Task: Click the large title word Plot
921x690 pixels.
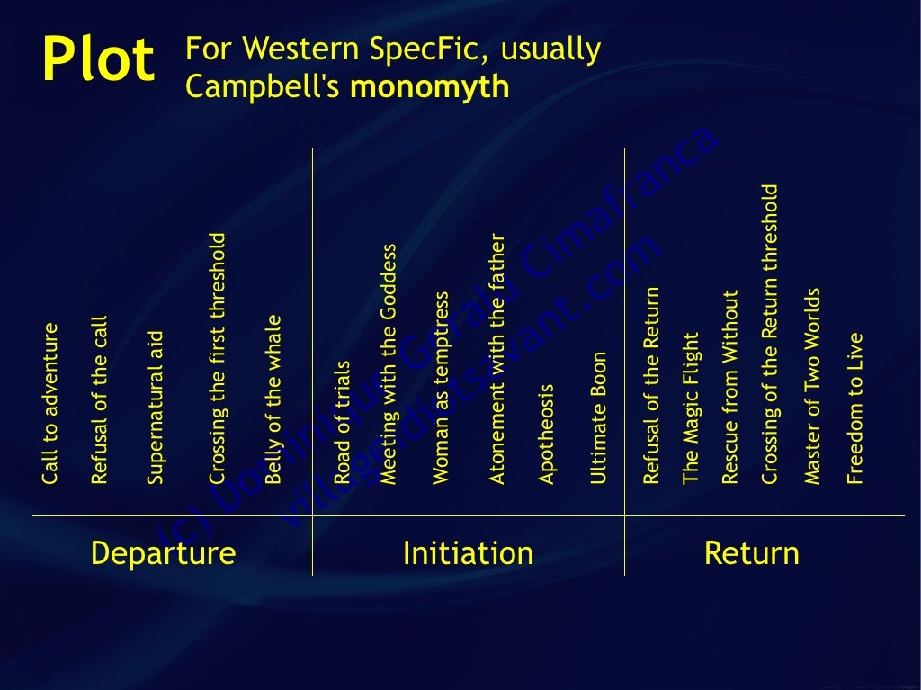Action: pyautogui.click(x=98, y=60)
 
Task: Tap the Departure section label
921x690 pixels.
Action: pyautogui.click(x=163, y=552)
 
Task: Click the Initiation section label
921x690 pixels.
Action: pyautogui.click(x=468, y=552)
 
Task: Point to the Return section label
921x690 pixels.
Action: pyautogui.click(x=751, y=552)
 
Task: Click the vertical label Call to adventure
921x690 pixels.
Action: pyautogui.click(x=50, y=404)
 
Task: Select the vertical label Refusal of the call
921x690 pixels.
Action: pyautogui.click(x=99, y=399)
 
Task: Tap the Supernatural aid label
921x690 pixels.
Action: pyautogui.click(x=156, y=408)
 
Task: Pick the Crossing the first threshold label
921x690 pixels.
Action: pyautogui.click(x=217, y=359)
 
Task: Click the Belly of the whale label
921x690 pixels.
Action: pyautogui.click(x=273, y=399)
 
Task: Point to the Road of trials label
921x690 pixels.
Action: pyautogui.click(x=342, y=423)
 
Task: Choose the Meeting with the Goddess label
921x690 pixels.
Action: pyautogui.click(x=389, y=364)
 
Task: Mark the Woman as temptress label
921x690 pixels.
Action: pyautogui.click(x=441, y=388)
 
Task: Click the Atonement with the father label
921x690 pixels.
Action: pyautogui.click(x=496, y=360)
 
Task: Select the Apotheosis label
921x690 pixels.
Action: pyautogui.click(x=546, y=435)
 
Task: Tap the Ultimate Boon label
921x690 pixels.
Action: pyautogui.click(x=599, y=418)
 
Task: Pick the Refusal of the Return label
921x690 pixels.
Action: pyautogui.click(x=651, y=386)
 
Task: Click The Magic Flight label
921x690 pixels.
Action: pyautogui.click(x=691, y=409)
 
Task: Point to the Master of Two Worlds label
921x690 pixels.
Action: pyautogui.click(x=812, y=387)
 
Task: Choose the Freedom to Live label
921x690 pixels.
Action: pyautogui.click(x=854, y=409)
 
